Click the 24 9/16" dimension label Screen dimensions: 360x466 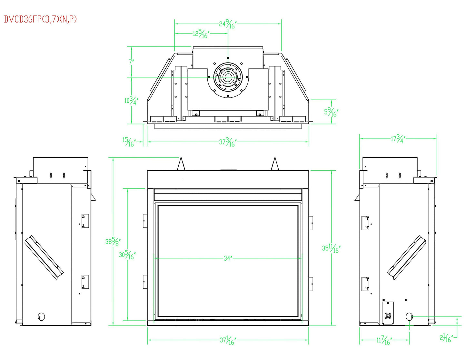228,24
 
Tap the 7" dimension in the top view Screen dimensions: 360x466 131,61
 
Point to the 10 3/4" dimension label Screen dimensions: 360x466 131,101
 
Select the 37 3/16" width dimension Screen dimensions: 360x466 228,142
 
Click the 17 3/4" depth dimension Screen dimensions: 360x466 398,139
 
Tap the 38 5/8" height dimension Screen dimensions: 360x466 113,241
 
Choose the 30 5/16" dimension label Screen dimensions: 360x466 127,255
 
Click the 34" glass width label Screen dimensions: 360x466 228,258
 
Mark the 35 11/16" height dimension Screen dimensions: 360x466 331,248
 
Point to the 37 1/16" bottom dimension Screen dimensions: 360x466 228,340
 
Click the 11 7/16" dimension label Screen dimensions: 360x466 384,340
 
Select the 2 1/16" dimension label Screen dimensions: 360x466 446,338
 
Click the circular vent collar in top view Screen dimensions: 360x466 228,77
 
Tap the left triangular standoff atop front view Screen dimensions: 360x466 181,165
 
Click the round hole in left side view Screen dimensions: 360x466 41,316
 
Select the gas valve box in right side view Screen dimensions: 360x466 388,313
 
